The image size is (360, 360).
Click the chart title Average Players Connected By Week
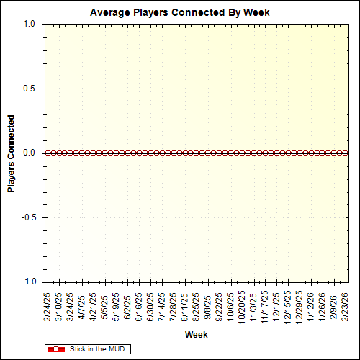(179, 13)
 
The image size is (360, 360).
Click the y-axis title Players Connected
(12, 153)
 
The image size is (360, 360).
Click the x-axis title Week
(196, 335)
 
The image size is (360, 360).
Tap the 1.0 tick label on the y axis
(29, 24)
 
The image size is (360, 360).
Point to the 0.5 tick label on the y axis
(29, 89)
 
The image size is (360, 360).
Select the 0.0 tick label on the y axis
(29, 153)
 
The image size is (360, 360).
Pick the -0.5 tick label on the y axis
(27, 217)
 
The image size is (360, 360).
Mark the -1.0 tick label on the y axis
(27, 282)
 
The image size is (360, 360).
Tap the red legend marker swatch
(55, 349)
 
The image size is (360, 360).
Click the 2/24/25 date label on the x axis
(47, 305)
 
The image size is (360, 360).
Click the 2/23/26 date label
(346, 305)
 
